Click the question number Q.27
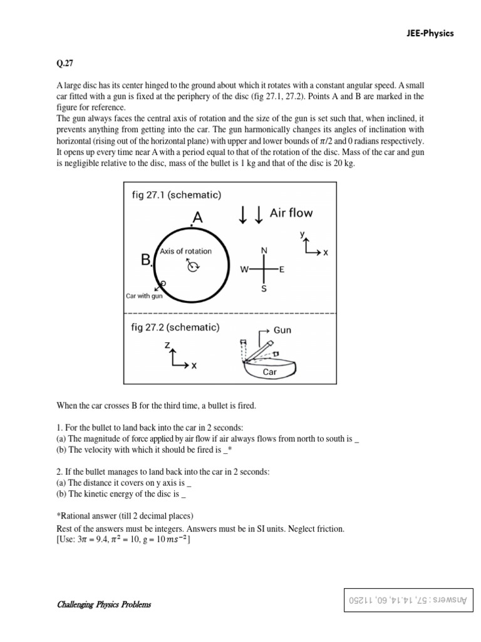(65, 63)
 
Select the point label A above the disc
(198, 218)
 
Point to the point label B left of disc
(147, 260)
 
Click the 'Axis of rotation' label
(185, 251)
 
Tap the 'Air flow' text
(291, 213)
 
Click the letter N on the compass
(264, 250)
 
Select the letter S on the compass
(264, 290)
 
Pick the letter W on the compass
(245, 270)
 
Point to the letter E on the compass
(282, 270)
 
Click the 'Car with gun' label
(144, 296)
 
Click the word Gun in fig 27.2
(282, 330)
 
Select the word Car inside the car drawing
(269, 372)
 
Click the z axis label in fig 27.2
(167, 345)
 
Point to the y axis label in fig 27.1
(303, 234)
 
